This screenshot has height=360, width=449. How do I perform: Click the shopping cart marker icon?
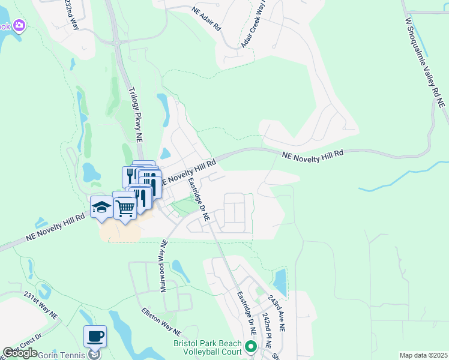coord(125,208)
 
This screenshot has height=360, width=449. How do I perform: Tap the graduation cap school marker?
coord(101,208)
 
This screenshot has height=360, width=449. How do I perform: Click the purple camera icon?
coord(19,25)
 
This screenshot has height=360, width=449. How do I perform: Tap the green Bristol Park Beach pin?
coord(251,346)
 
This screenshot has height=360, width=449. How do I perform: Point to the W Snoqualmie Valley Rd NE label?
coord(425,62)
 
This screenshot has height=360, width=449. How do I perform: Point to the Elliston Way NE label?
coord(161,321)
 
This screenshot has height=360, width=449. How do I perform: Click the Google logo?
coord(20,353)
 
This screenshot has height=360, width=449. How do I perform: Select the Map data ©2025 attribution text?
coord(423,355)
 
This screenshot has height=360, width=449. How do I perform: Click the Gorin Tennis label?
coord(60,355)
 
